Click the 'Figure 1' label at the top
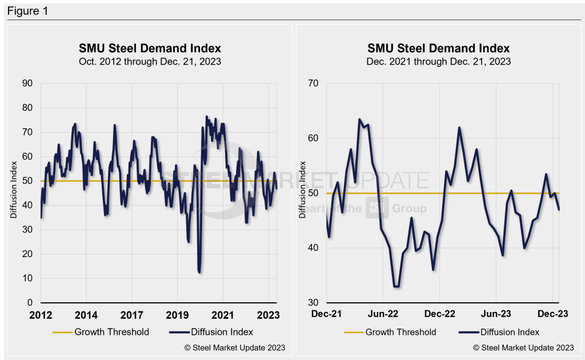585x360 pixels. [27, 11]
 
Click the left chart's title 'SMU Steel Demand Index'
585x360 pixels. [150, 48]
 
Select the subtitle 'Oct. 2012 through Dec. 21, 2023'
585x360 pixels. [150, 61]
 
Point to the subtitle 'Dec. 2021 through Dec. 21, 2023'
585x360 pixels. [439, 61]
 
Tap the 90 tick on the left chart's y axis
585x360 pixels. [28, 83]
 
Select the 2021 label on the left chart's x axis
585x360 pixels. [222, 315]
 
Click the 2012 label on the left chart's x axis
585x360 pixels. [41, 315]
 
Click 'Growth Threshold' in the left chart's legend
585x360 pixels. [111, 332]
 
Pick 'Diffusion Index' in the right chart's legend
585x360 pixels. [510, 332]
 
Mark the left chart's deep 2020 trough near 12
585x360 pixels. [199, 272]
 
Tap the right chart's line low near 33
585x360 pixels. [396, 286]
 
